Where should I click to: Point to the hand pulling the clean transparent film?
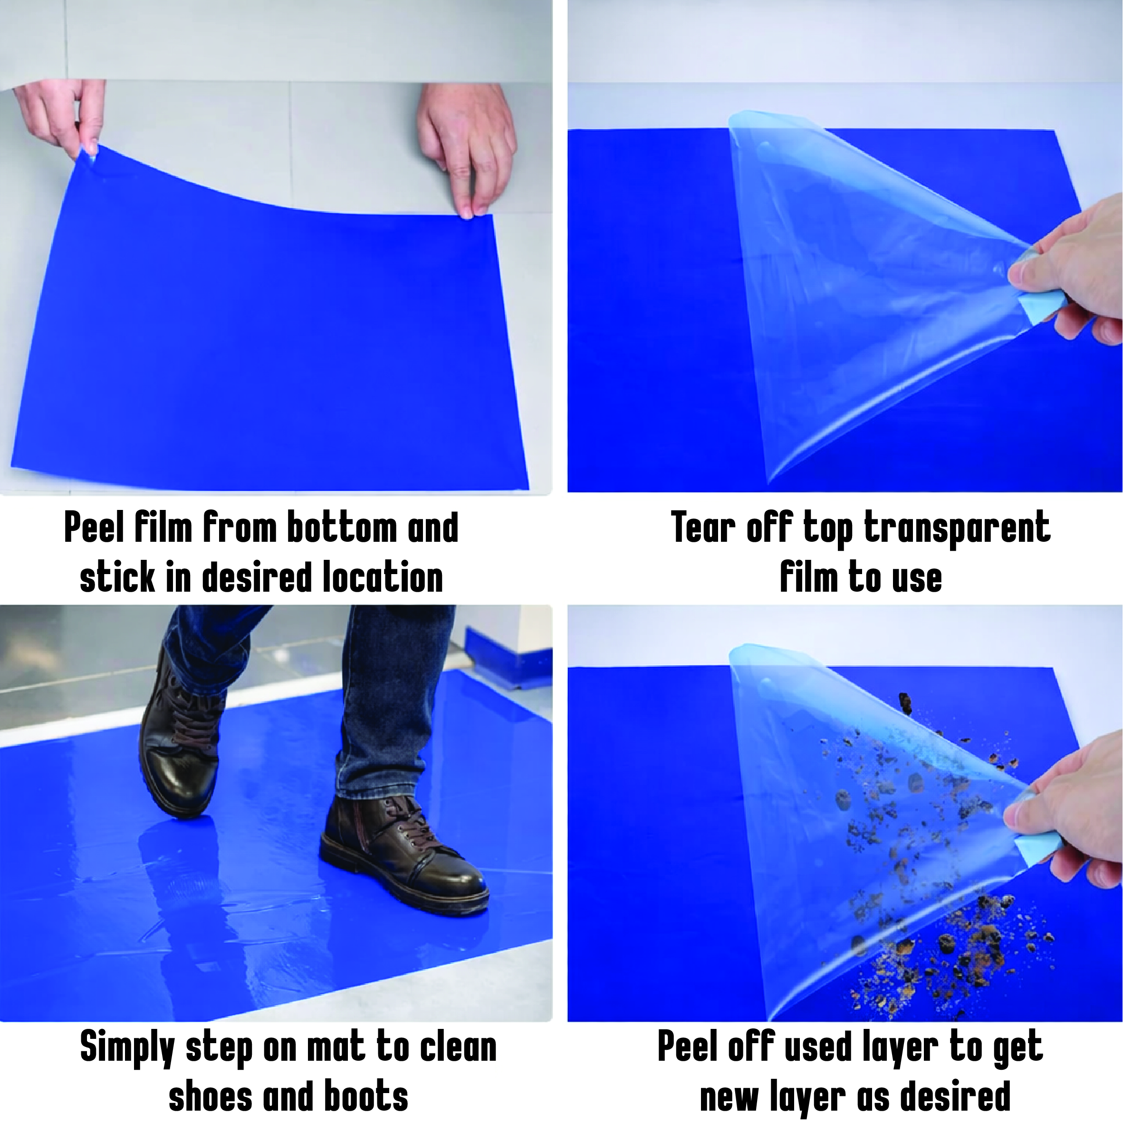point(1069,273)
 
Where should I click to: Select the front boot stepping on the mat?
point(401,854)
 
